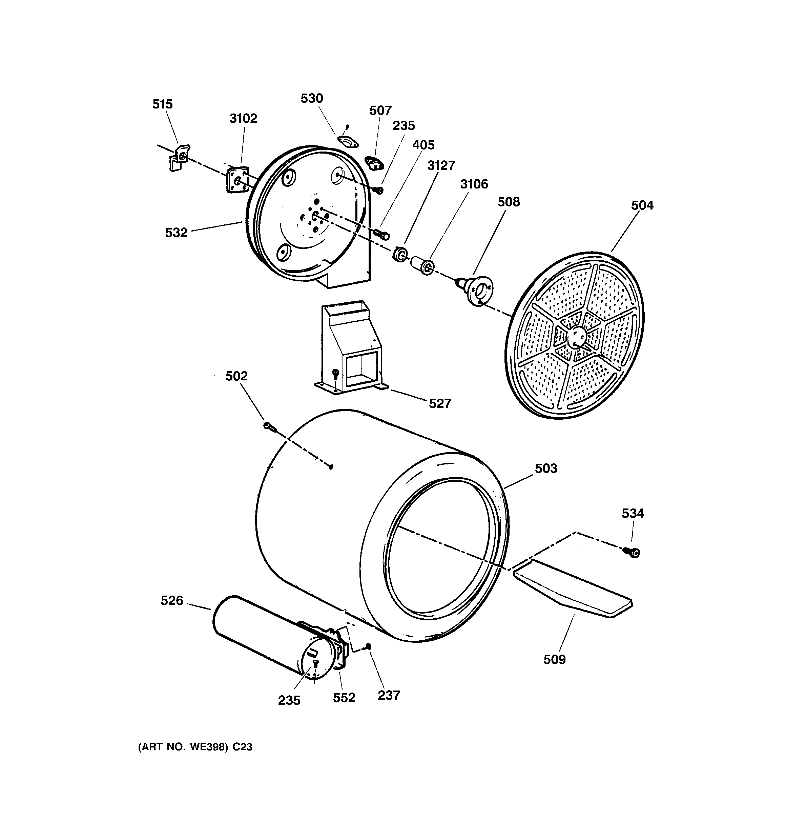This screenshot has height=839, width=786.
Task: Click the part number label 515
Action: (x=162, y=104)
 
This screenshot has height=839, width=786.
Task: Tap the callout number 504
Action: (x=642, y=205)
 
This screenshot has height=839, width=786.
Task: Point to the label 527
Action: (x=440, y=403)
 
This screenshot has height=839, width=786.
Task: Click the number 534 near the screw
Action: (x=633, y=513)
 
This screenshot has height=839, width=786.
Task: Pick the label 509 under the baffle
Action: (x=554, y=659)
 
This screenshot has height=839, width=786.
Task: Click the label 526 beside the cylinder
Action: (x=172, y=601)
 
